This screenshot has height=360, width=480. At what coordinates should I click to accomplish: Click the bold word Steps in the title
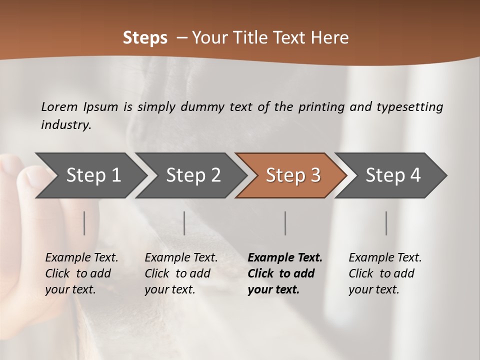(x=145, y=38)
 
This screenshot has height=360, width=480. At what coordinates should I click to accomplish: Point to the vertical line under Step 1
(x=84, y=223)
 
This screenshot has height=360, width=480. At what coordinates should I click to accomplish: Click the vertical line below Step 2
(x=184, y=223)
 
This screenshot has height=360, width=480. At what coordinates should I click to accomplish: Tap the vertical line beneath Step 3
(x=285, y=223)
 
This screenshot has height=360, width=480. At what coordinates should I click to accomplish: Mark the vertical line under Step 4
(x=386, y=223)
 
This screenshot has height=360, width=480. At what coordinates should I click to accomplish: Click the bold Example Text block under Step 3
(x=284, y=273)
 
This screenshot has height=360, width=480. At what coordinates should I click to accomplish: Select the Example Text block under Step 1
(x=81, y=273)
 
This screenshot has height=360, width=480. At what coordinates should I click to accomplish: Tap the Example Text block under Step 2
(x=181, y=273)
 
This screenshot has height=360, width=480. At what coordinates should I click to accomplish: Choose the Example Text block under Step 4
(x=385, y=273)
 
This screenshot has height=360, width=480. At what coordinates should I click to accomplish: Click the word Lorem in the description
(x=59, y=107)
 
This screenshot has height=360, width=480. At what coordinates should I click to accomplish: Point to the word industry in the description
(x=66, y=125)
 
